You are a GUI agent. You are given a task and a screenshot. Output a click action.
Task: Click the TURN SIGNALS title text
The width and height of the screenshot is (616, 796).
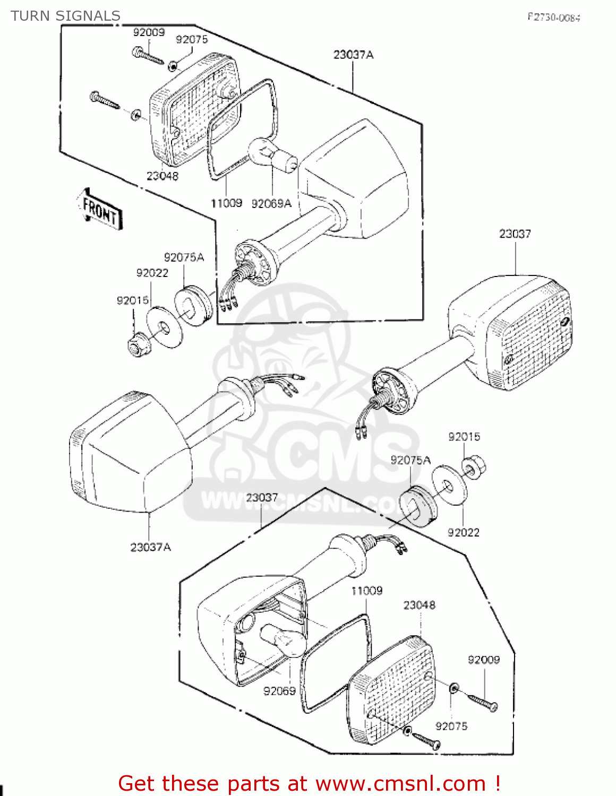pos(65,16)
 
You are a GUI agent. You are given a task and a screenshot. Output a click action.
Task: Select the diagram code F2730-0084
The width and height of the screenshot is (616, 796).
pos(553,17)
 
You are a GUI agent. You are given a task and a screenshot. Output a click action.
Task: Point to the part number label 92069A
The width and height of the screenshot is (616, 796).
pos(271,204)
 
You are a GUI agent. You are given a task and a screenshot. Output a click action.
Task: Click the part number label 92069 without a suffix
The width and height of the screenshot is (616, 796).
pos(279,691)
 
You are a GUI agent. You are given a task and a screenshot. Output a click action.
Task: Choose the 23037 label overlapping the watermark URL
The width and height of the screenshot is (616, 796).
pos(262,497)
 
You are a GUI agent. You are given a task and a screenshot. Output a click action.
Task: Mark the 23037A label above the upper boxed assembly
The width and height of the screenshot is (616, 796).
pos(353,55)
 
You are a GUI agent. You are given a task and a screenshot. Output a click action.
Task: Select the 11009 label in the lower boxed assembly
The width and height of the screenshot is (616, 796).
pos(366,591)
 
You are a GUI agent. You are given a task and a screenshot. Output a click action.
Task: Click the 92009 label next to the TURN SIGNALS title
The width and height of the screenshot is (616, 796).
pos(149,32)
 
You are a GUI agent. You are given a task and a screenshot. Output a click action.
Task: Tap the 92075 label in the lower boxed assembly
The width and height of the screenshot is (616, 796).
pos(451,726)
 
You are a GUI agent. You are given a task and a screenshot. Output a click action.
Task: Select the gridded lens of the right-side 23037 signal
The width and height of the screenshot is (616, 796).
pos(531,340)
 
